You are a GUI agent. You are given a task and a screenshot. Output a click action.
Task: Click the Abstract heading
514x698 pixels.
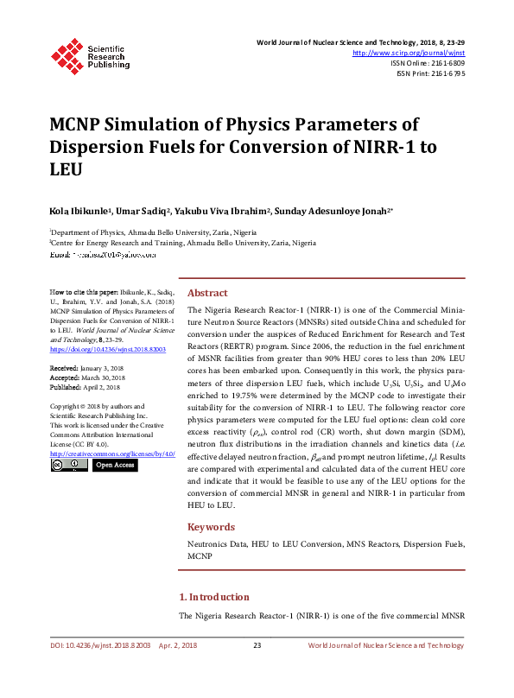[x=207, y=293]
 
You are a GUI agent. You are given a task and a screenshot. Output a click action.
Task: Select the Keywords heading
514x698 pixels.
[x=211, y=527]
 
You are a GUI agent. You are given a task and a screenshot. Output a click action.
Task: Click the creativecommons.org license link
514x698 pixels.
[x=111, y=453]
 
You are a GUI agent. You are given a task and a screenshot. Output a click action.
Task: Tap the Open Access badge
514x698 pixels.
[x=114, y=465]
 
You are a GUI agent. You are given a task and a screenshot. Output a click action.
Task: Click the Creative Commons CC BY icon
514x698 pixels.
[x=68, y=465]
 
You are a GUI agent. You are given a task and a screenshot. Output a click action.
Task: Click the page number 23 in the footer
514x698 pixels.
[x=257, y=645]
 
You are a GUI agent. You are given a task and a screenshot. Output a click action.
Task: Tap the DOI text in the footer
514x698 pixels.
[x=98, y=645]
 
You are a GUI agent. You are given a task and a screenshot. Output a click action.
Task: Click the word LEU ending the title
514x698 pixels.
[x=66, y=169]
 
